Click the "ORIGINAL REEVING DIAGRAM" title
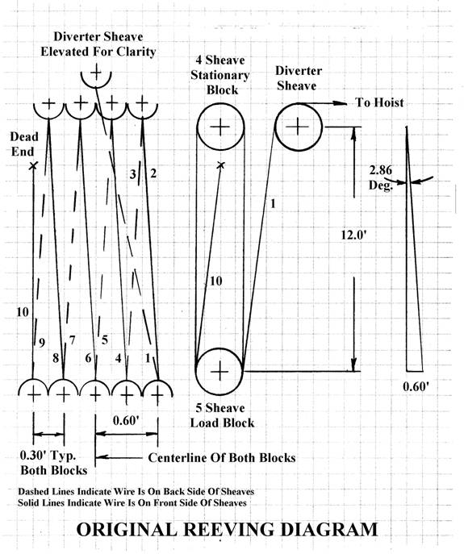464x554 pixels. click(x=227, y=530)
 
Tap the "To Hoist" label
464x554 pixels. click(x=379, y=102)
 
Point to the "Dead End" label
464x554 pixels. click(x=23, y=144)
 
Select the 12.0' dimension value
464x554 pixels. click(x=354, y=235)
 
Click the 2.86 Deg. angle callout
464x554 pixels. click(x=381, y=177)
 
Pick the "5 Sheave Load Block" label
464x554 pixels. click(x=223, y=415)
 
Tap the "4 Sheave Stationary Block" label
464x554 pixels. click(x=220, y=75)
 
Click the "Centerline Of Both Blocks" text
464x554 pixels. click(x=222, y=457)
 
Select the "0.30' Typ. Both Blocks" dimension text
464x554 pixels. click(x=53, y=463)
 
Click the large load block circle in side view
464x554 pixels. click(x=195, y=372)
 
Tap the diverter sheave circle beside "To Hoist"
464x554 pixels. click(x=276, y=127)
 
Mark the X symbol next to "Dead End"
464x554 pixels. click(x=33, y=165)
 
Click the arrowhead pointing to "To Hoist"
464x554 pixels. click(x=341, y=103)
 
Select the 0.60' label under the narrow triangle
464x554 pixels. click(x=416, y=386)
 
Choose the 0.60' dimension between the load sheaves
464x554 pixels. click(x=126, y=420)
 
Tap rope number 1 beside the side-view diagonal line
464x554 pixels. click(x=273, y=203)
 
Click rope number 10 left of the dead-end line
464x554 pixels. click(x=23, y=312)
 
